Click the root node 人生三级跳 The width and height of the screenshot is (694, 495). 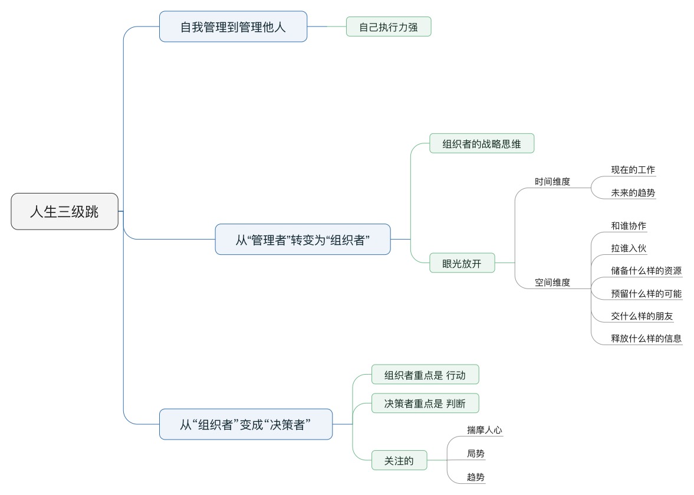(x=65, y=212)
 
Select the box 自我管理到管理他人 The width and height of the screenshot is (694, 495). (x=233, y=27)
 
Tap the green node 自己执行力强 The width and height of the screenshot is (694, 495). (x=389, y=27)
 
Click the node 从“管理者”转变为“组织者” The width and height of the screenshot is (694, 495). (x=302, y=240)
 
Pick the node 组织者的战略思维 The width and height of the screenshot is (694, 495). (x=482, y=143)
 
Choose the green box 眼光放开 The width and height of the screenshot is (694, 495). (x=462, y=263)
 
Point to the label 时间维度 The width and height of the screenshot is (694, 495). (x=552, y=182)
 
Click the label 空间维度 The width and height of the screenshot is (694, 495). (x=552, y=283)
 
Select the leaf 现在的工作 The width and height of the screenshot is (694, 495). (x=633, y=170)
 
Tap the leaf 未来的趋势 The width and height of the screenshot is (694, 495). (x=633, y=193)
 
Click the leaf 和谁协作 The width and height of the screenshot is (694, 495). (x=629, y=226)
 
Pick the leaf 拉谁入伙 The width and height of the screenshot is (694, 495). (x=629, y=248)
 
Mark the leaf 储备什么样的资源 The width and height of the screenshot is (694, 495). (x=646, y=271)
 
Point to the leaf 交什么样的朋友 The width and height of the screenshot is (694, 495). (x=642, y=316)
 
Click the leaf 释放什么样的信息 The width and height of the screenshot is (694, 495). (x=646, y=339)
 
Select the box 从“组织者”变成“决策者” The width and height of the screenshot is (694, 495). (x=246, y=424)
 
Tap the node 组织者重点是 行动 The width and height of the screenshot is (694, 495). (x=425, y=375)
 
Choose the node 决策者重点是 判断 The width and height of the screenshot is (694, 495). (x=425, y=404)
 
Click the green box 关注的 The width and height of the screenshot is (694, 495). (x=399, y=461)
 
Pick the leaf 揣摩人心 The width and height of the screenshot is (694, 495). (x=484, y=430)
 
